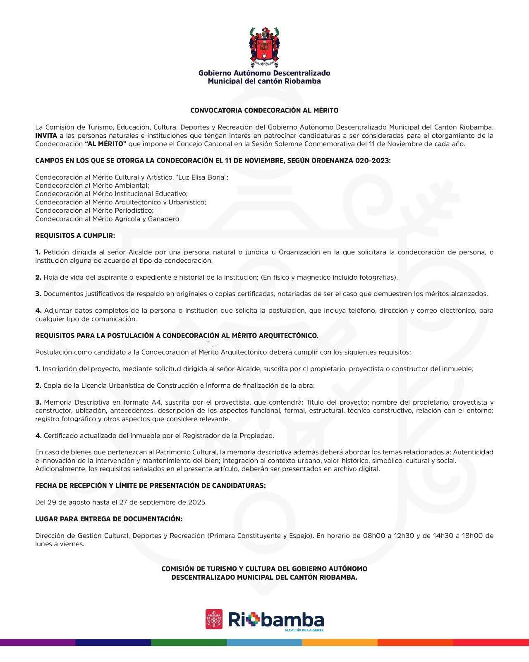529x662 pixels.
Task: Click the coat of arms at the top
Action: [x=264, y=46]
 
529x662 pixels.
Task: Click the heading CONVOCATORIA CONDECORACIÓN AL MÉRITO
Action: [x=264, y=110]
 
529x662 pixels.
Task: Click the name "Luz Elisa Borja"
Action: [x=201, y=177]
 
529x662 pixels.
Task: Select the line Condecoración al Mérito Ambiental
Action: [x=92, y=185]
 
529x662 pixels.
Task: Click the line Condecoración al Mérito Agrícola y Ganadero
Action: [x=107, y=219]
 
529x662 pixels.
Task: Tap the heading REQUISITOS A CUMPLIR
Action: [x=75, y=235]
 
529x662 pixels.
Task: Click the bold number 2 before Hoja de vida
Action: [x=38, y=277]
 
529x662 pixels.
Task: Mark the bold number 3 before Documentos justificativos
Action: [x=38, y=294]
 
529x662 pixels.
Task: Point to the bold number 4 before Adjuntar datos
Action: [x=38, y=310]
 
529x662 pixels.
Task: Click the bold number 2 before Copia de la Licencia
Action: [x=38, y=386]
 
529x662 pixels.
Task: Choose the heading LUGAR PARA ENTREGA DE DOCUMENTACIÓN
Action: [x=109, y=519]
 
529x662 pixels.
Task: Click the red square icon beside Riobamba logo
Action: [x=214, y=619]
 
